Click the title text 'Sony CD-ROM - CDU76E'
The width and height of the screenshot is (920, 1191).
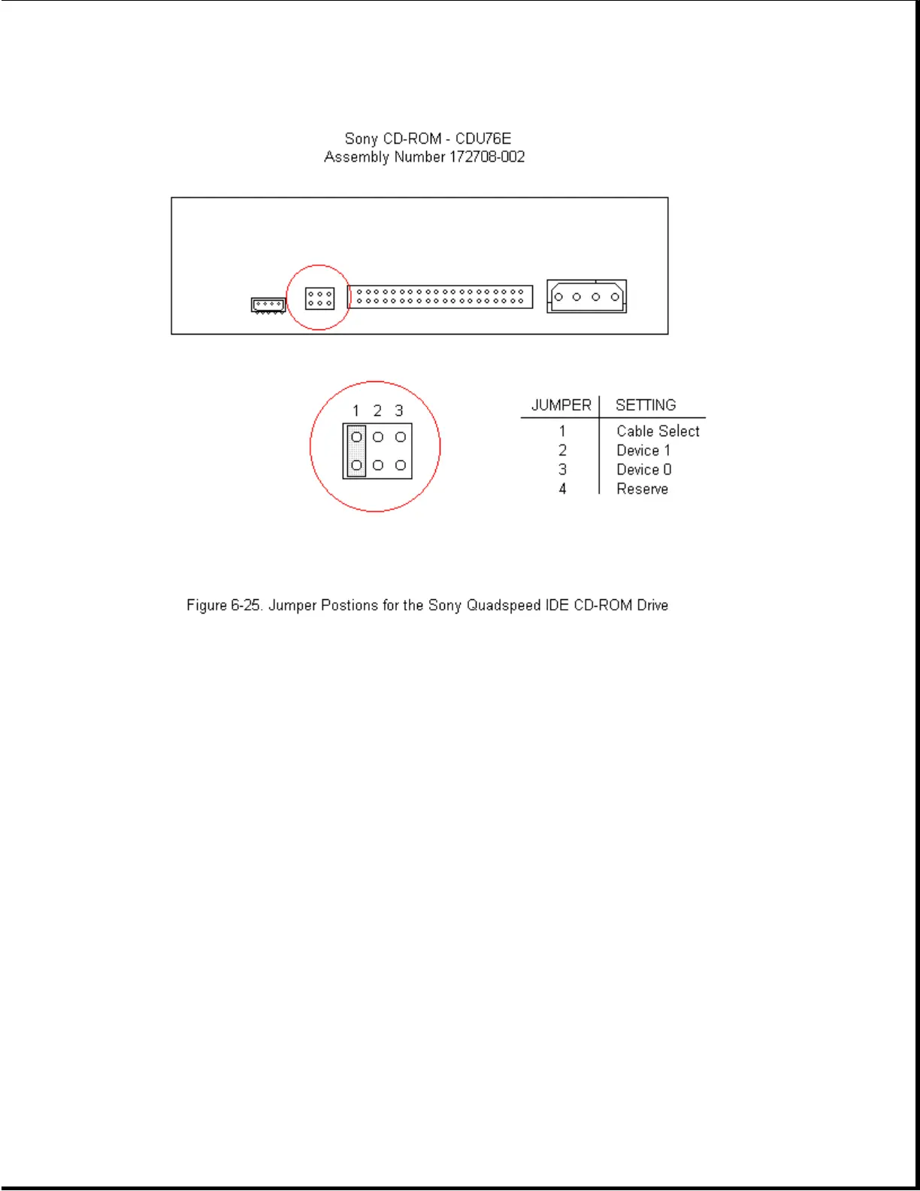[428, 138]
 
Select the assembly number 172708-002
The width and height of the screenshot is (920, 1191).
[487, 157]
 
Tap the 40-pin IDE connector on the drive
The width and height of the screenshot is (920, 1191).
[440, 296]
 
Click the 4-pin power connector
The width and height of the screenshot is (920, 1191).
[586, 296]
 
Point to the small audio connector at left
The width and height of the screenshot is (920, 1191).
[268, 305]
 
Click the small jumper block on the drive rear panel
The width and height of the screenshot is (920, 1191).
[319, 299]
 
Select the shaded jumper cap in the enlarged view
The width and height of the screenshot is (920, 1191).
[356, 451]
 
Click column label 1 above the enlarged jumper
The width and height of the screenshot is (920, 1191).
[356, 411]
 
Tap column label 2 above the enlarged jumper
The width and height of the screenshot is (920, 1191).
[377, 411]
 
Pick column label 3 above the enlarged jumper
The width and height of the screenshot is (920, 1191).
[399, 411]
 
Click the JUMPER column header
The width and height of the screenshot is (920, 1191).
[561, 405]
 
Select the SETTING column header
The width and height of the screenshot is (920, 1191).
[646, 405]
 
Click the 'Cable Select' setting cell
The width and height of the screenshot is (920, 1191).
[658, 431]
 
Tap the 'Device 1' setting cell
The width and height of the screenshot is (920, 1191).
[643, 450]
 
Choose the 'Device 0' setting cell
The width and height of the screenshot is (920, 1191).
[644, 470]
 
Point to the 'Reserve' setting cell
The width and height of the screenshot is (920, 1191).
[642, 489]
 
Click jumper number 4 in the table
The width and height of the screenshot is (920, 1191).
[562, 489]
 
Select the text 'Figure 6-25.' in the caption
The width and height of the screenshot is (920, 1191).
[225, 605]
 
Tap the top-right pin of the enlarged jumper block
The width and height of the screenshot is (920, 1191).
[401, 437]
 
